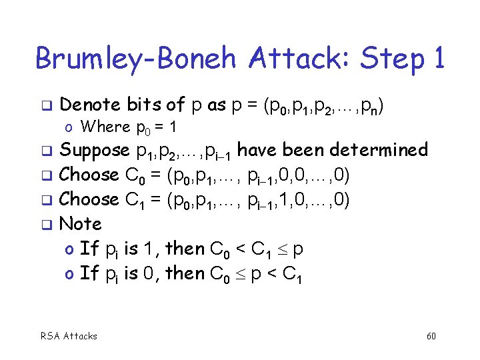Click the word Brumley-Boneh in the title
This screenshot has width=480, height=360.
point(134,59)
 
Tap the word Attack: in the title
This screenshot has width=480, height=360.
point(293,59)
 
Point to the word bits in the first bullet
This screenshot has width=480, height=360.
point(145,105)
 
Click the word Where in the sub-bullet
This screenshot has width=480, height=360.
point(105,127)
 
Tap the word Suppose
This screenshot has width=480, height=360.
point(94,151)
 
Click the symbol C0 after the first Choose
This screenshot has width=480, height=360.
point(133,176)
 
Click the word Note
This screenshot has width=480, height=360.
point(81,223)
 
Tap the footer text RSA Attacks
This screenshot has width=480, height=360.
point(69,336)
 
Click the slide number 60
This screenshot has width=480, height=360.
point(431,336)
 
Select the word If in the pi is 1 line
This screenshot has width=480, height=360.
point(89,249)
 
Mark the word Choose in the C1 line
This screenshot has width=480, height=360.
point(89,199)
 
